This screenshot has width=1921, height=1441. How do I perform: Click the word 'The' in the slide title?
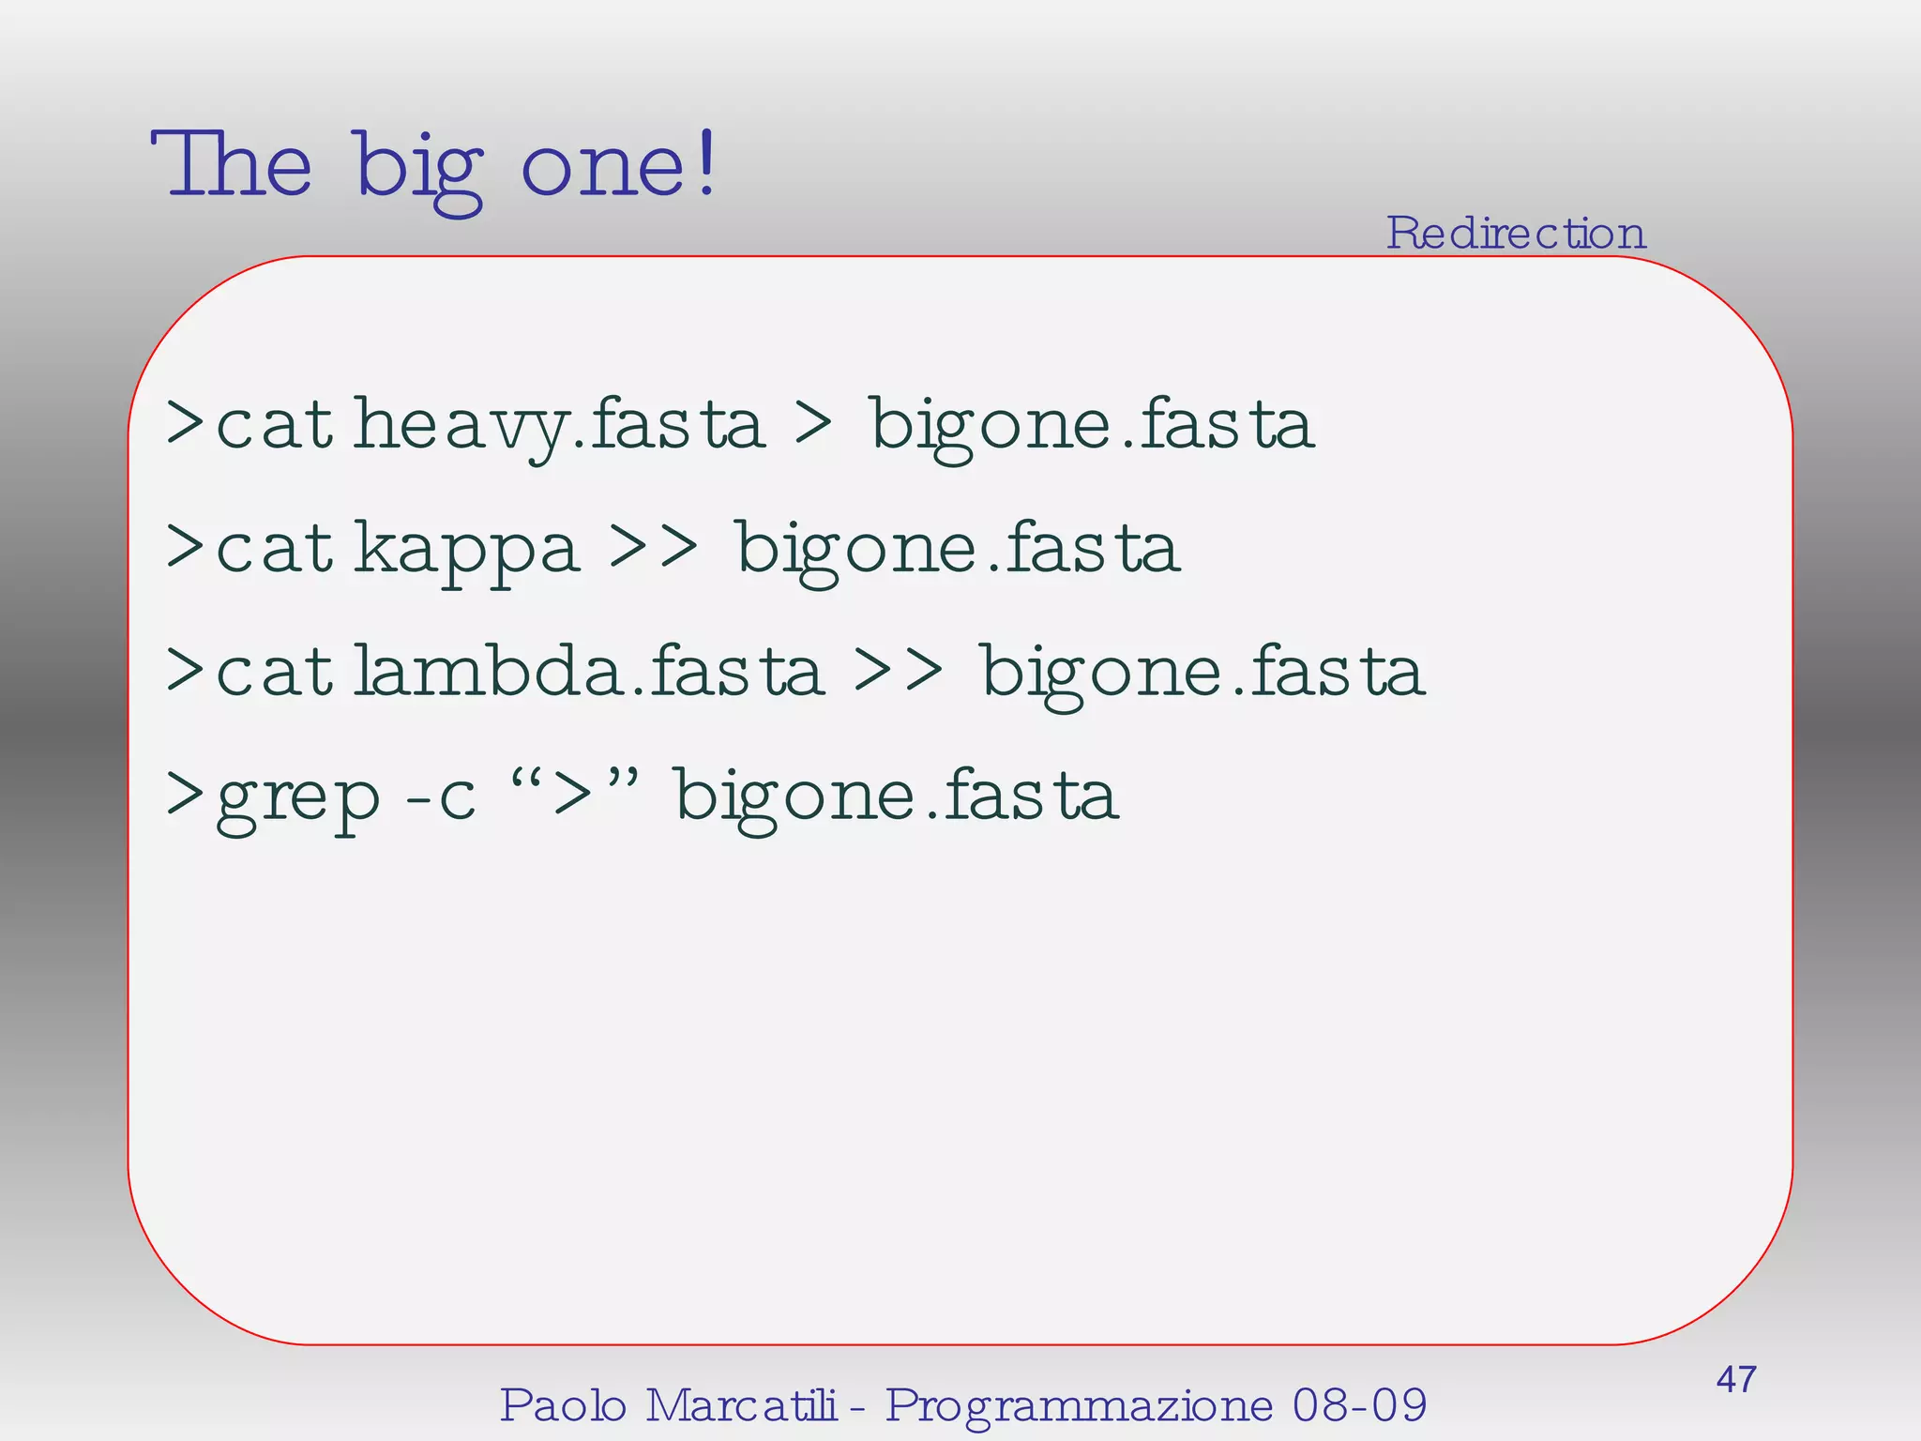pyautogui.click(x=231, y=165)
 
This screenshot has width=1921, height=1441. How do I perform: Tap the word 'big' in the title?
pyautogui.click(x=418, y=170)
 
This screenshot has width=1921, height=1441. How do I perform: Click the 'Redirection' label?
pyautogui.click(x=1516, y=233)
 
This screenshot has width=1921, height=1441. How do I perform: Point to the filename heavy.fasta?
pyautogui.click(x=559, y=425)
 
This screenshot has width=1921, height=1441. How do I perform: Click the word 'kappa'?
pyautogui.click(x=466, y=550)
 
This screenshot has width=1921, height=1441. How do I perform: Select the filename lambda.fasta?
pyautogui.click(x=588, y=672)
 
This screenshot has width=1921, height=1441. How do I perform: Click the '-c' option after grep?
pyautogui.click(x=440, y=796)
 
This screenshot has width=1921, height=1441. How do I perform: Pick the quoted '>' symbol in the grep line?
pyautogui.click(x=574, y=793)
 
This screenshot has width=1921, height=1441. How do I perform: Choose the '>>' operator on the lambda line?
pyautogui.click(x=898, y=670)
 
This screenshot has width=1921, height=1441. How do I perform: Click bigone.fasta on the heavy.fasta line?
pyautogui.click(x=1092, y=425)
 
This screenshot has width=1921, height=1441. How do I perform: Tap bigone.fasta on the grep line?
pyautogui.click(x=897, y=796)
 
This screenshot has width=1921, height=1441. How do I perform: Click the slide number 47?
pyautogui.click(x=1735, y=1380)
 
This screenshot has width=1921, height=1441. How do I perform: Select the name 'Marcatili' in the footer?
pyautogui.click(x=740, y=1405)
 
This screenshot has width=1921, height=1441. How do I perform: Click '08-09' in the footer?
pyautogui.click(x=1359, y=1405)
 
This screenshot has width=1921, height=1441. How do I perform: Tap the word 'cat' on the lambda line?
pyautogui.click(x=274, y=672)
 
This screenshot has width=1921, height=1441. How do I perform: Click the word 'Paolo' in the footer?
pyautogui.click(x=563, y=1405)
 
